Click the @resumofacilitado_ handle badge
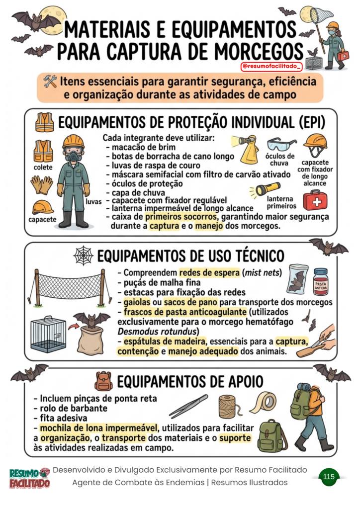271,66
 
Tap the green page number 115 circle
329,477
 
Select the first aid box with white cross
315,201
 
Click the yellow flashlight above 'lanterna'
264,189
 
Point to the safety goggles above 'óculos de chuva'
281,144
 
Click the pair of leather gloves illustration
42,184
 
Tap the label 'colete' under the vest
43,167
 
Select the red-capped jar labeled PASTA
320,281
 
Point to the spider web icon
84,255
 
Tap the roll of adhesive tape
264,402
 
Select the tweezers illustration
188,406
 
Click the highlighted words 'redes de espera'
209,272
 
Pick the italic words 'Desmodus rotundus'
158,332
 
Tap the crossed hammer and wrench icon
50,82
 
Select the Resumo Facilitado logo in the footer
29,478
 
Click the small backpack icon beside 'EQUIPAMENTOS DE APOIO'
103,381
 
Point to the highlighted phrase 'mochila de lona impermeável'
98,428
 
